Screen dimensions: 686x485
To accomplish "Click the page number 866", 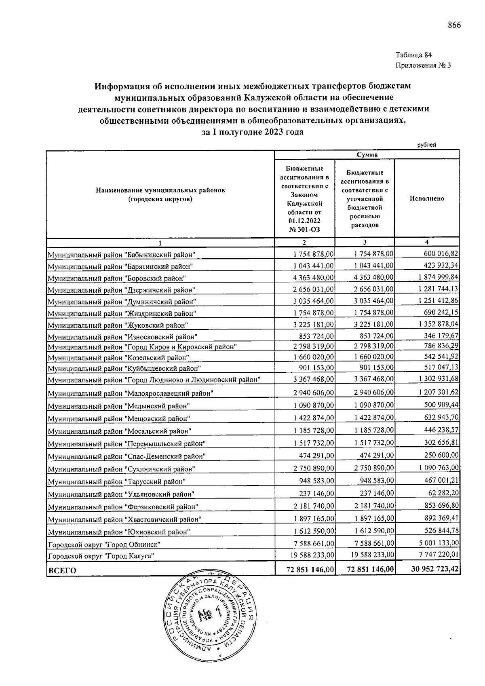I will coord(454,25).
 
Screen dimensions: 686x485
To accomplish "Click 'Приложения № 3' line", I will coord(423,65).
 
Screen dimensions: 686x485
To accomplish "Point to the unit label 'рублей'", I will coord(427,145).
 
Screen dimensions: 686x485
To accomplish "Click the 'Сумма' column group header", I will coord(367,155).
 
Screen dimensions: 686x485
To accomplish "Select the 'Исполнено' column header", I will coord(427,198).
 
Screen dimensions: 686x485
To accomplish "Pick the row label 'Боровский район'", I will coord(116,278).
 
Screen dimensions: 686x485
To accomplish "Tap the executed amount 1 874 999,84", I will coord(435,277).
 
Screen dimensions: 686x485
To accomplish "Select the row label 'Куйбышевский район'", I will coord(124,368).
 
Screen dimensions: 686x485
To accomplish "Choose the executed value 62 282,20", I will coord(441,494).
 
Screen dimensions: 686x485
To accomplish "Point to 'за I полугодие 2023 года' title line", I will coord(253,132).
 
